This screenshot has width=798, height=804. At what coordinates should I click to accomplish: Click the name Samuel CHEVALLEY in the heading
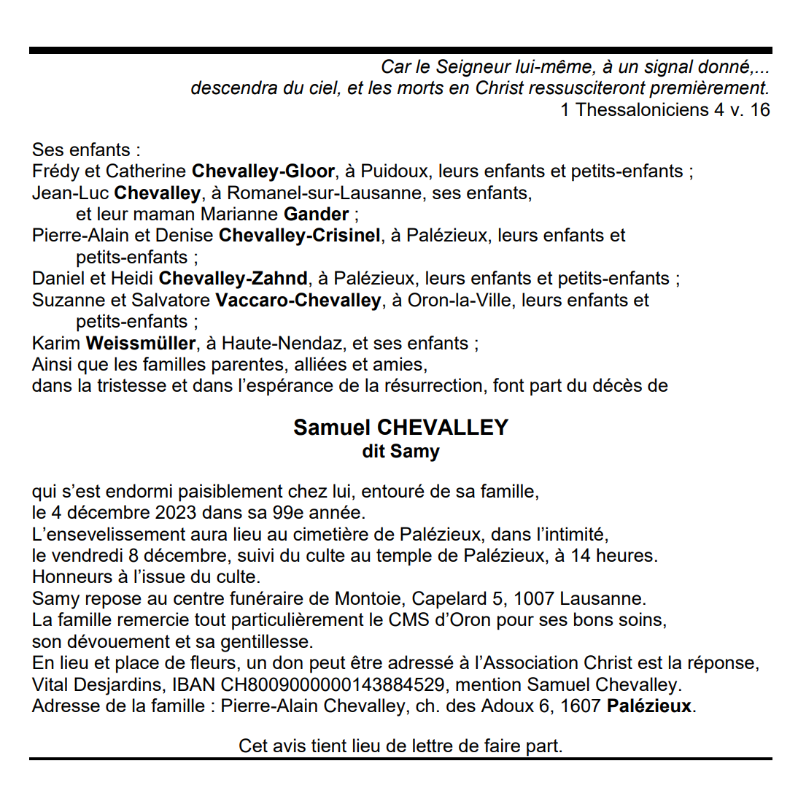400,428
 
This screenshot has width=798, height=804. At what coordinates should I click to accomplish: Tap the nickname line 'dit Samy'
400,452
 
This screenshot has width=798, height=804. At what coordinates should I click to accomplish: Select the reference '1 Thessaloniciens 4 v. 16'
665,109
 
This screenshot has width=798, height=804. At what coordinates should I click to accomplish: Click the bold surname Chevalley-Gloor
263,171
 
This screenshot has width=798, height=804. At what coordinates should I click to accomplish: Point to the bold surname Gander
316,214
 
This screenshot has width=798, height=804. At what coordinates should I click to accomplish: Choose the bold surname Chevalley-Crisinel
299,236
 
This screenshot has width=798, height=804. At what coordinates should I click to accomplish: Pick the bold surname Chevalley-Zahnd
233,279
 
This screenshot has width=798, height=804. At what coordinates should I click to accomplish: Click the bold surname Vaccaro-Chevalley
298,300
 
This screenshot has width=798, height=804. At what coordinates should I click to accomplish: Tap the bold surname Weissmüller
141,343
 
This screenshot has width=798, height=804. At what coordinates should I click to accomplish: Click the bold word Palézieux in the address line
649,706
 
